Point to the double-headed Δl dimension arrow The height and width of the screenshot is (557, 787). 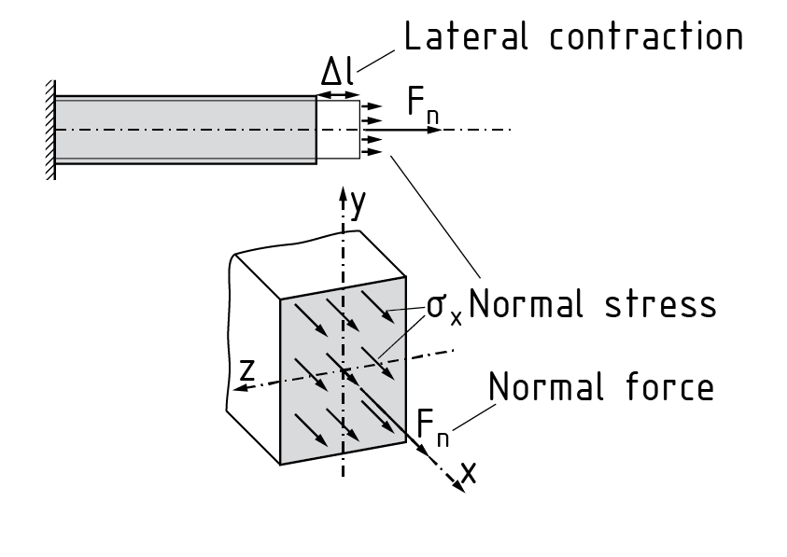pyautogui.click(x=338, y=95)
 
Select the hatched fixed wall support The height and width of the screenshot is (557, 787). pyautogui.click(x=49, y=131)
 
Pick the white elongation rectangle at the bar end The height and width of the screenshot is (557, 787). pyautogui.click(x=338, y=130)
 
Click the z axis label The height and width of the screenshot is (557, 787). pyautogui.click(x=246, y=370)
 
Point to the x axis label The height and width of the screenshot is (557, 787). pyautogui.click(x=467, y=473)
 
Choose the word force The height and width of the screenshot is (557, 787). pyautogui.click(x=672, y=385)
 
